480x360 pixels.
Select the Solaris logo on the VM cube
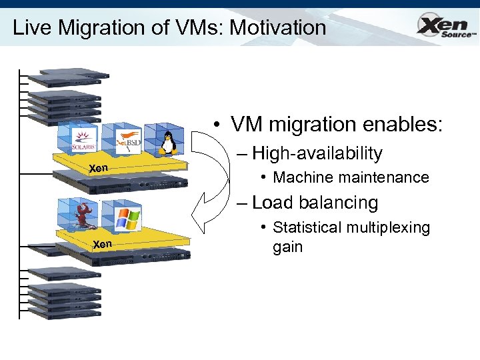point(84,141)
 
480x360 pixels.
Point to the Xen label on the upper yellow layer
point(98,168)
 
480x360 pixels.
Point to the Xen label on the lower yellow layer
point(102,244)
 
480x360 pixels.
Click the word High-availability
point(317,153)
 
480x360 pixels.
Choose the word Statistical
point(305,228)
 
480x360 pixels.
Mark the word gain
point(287,247)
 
